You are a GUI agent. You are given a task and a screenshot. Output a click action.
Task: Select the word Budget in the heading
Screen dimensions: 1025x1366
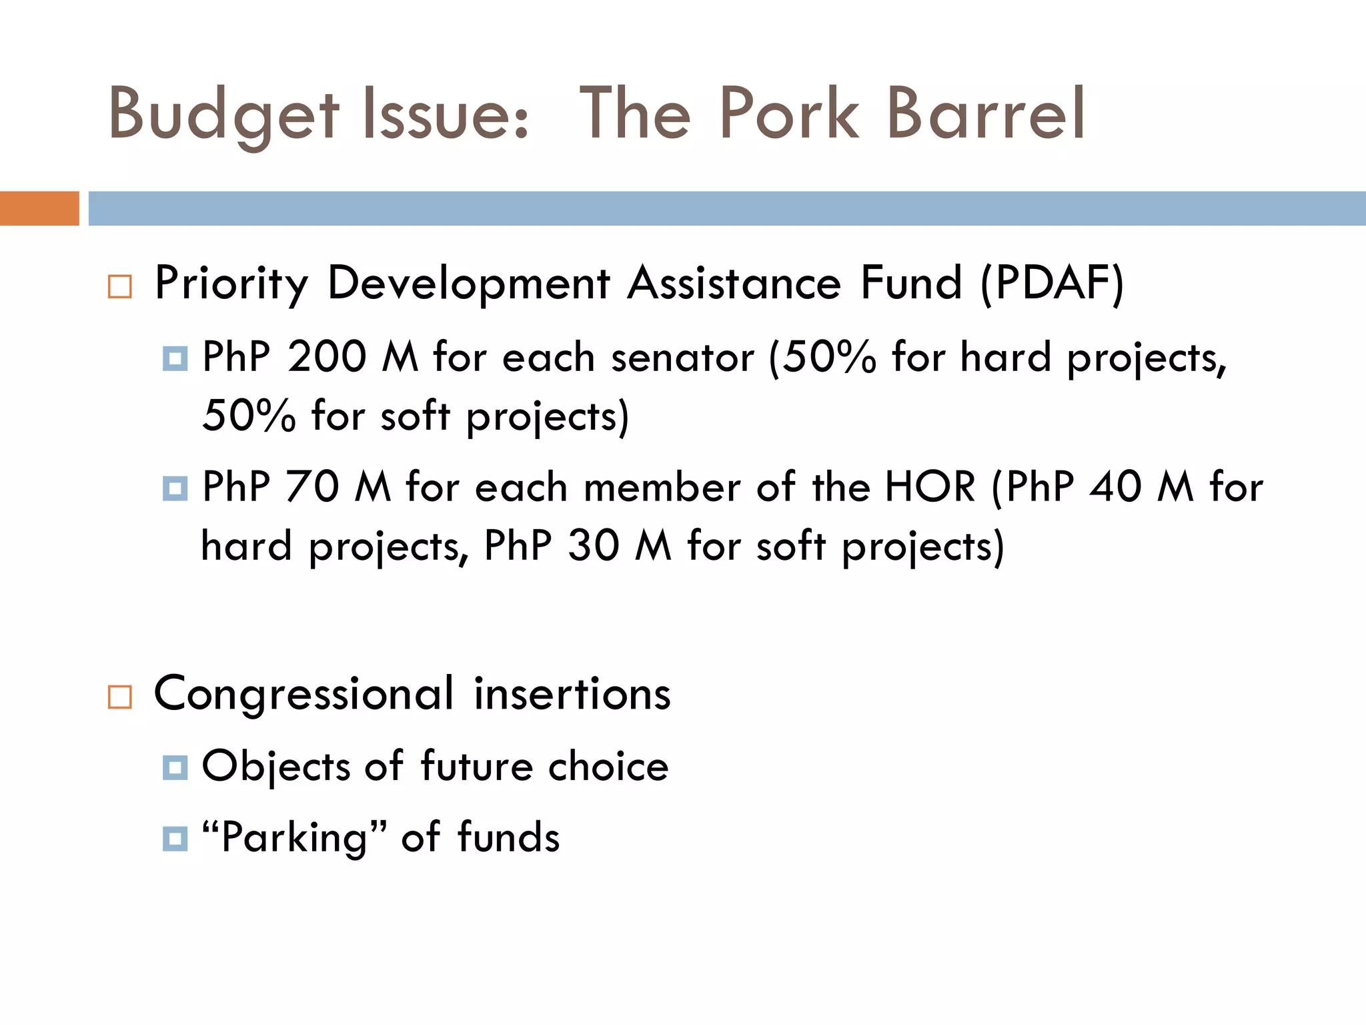pyautogui.click(x=224, y=116)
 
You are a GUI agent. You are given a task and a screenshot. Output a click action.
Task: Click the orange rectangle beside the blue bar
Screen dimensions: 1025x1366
pyautogui.click(x=39, y=208)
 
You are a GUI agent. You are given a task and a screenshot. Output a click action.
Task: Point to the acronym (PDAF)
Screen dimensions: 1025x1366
pyautogui.click(x=1053, y=284)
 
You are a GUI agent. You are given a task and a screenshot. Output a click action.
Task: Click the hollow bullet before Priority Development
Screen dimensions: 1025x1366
pyautogui.click(x=120, y=287)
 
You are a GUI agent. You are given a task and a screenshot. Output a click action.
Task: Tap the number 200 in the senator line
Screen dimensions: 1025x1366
pyautogui.click(x=327, y=356)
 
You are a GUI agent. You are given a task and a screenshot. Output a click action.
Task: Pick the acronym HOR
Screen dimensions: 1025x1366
pyautogui.click(x=930, y=486)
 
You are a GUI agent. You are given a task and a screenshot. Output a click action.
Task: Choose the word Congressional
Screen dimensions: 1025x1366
pyautogui.click(x=304, y=695)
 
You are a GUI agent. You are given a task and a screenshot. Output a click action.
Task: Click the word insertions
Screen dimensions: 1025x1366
pyautogui.click(x=572, y=695)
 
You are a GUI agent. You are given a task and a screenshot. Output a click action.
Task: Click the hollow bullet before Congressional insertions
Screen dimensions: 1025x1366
pyautogui.click(x=120, y=697)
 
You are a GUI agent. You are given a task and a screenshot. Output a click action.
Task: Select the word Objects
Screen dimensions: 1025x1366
pyautogui.click(x=276, y=767)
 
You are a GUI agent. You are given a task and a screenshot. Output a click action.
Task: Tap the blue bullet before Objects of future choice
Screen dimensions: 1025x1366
pyautogui.click(x=175, y=767)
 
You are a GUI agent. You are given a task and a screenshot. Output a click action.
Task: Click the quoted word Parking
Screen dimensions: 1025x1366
pyautogui.click(x=293, y=838)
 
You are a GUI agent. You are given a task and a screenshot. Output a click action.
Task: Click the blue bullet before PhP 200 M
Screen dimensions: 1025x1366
pyautogui.click(x=175, y=359)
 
